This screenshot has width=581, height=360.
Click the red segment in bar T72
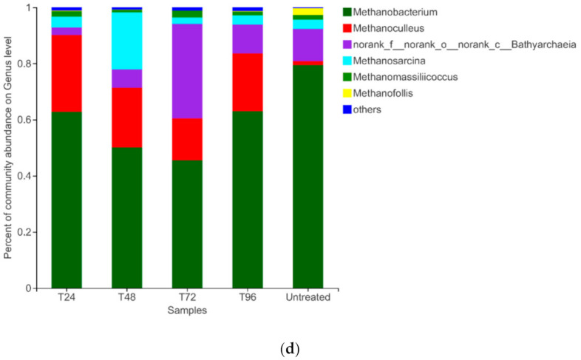click(x=187, y=139)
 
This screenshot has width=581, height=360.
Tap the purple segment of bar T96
click(x=248, y=39)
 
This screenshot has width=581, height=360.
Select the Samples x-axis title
click(x=188, y=310)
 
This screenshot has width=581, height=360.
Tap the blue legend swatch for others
click(x=347, y=109)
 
